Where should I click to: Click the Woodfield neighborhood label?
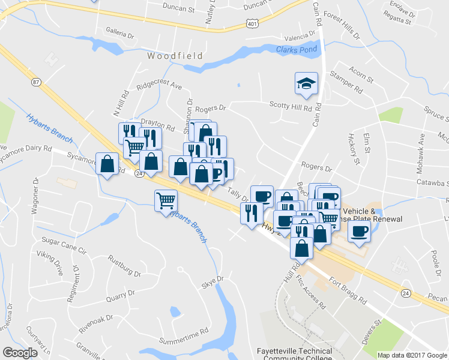175,56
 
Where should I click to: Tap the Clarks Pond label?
297,50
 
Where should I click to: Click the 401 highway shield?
252,23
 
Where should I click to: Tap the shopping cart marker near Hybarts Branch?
166,201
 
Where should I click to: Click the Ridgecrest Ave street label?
158,86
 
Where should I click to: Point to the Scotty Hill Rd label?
291,109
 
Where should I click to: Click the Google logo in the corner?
20,353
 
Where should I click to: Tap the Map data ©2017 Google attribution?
412,355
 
